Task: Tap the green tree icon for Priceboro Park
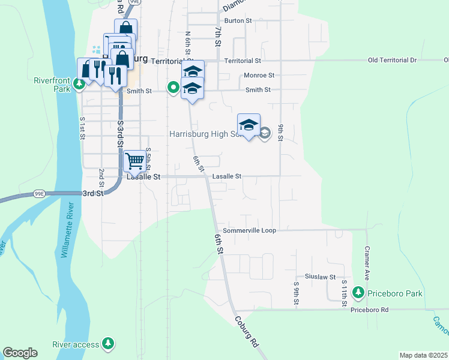[359, 293]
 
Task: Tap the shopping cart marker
[136, 161]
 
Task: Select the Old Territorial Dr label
[392, 61]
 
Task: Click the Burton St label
[237, 20]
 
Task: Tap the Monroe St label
[259, 76]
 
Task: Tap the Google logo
[20, 353]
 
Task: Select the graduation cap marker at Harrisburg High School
[249, 125]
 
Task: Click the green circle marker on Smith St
[173, 88]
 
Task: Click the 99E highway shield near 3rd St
[40, 194]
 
